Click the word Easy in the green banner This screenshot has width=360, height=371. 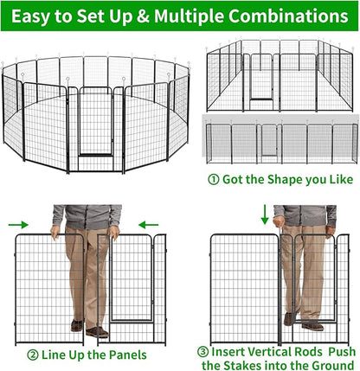tap(39, 16)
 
